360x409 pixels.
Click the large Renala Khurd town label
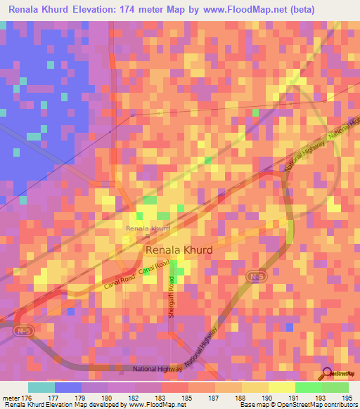(179, 249)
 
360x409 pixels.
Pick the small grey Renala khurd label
(148, 228)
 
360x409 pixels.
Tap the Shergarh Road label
(171, 299)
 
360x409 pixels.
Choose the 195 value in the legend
(347, 398)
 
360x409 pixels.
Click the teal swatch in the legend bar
(41, 387)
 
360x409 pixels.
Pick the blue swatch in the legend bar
(67, 387)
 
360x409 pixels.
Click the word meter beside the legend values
(11, 398)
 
